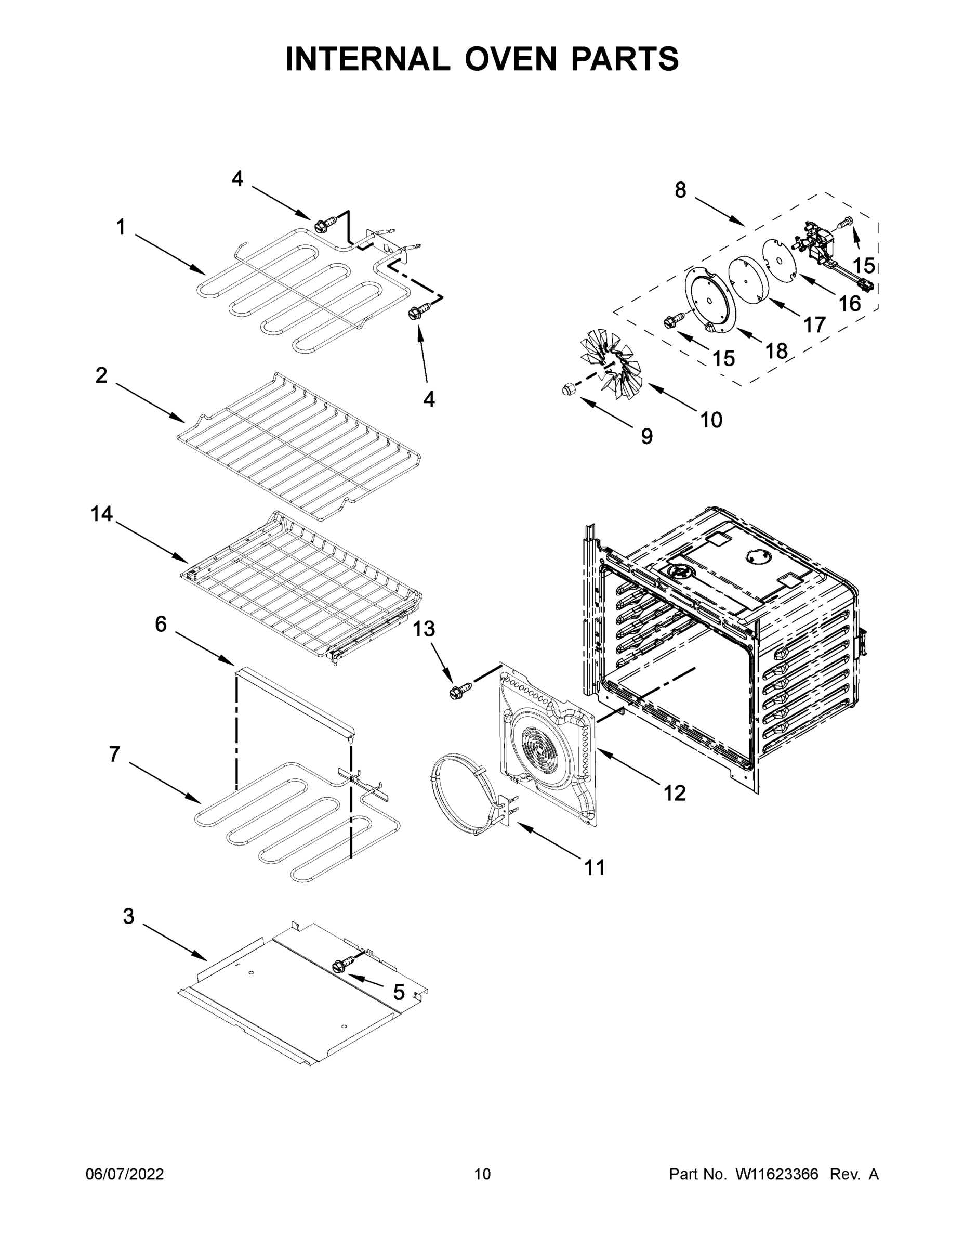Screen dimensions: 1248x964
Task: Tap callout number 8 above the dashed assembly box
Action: point(680,190)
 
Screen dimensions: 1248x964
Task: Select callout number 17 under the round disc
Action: point(814,324)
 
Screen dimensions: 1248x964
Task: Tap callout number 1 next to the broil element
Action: point(121,227)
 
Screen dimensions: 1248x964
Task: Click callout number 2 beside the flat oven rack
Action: point(101,375)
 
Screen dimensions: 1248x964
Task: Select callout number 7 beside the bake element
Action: point(114,755)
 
